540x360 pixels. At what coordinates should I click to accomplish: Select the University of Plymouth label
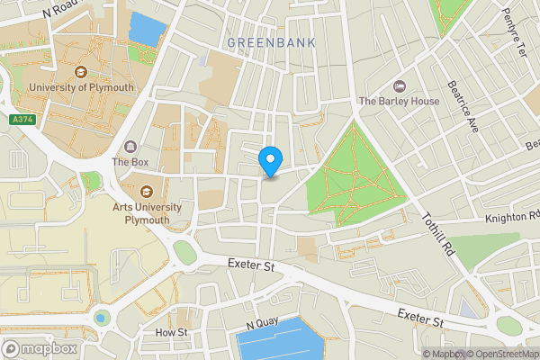point(81,87)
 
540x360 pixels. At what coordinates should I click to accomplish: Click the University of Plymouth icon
point(81,72)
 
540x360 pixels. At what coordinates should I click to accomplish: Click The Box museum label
point(130,163)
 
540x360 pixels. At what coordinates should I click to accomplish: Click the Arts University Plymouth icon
point(147,192)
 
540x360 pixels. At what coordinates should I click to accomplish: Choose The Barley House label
point(400,101)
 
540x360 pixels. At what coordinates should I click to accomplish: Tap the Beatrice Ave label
point(463,106)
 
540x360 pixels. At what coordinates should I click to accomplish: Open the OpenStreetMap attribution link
point(500,353)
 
